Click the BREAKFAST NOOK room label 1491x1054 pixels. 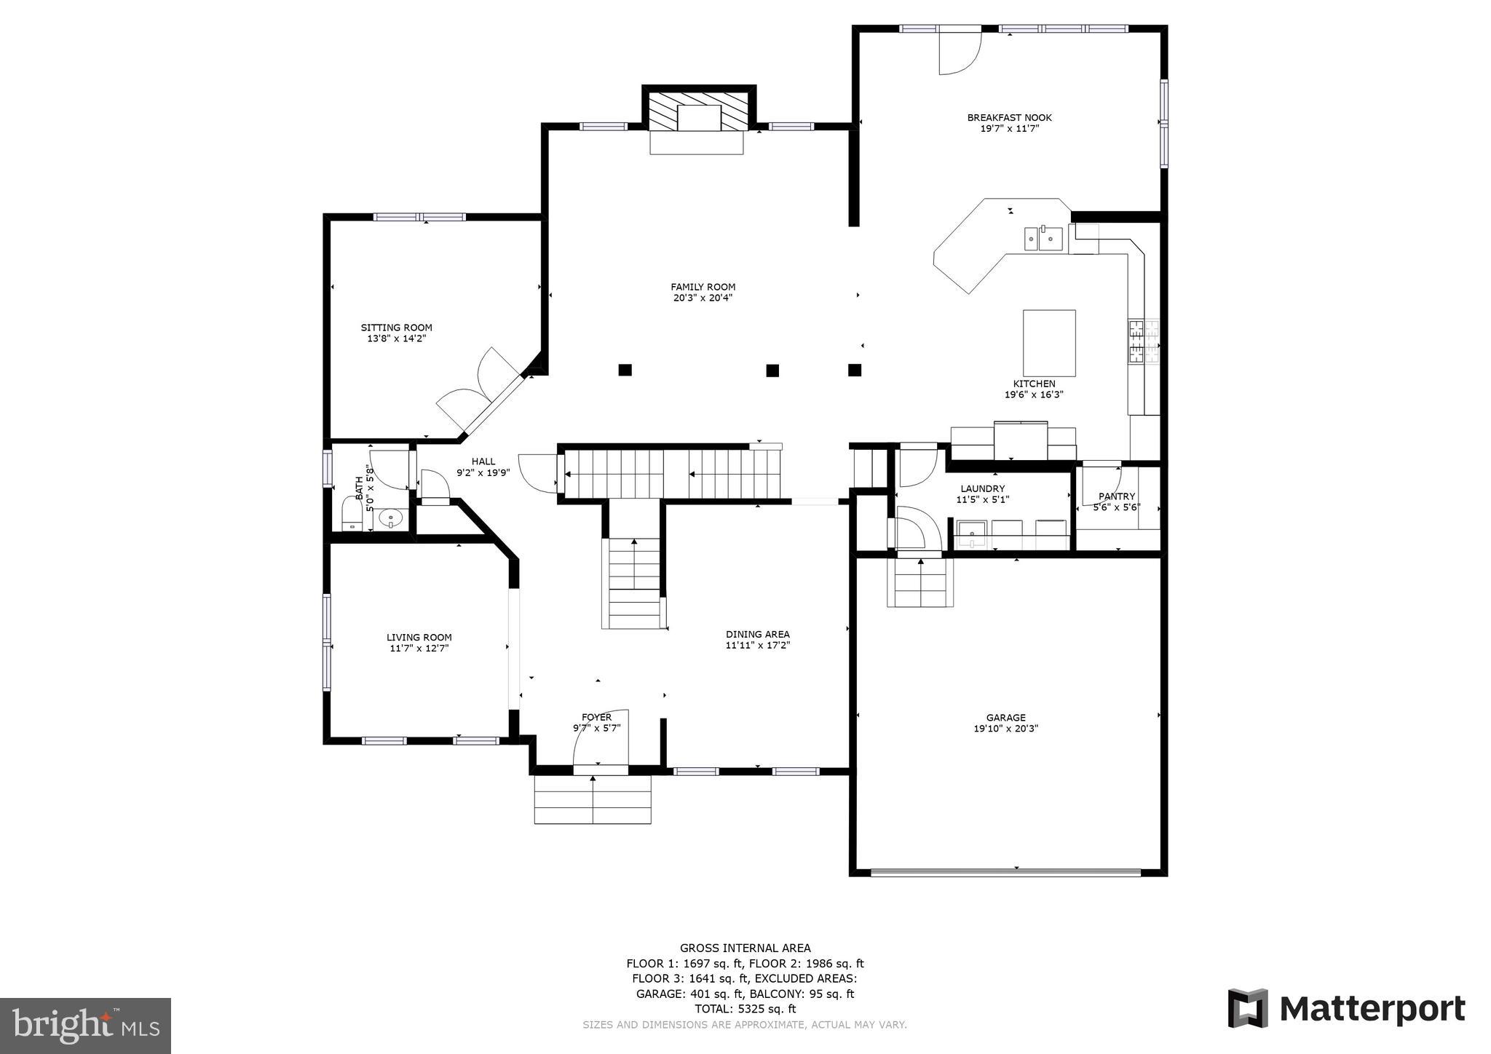tap(1009, 117)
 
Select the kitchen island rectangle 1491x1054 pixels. tap(1048, 343)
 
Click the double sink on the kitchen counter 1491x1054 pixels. tap(1043, 238)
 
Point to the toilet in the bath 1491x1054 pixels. tap(352, 514)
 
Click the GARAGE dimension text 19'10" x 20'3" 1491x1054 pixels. tap(1005, 728)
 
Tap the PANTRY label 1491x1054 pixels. tap(1116, 496)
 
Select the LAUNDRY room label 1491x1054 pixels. tap(982, 488)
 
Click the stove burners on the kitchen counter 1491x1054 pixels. tap(1143, 341)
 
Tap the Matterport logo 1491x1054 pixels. tap(1346, 1009)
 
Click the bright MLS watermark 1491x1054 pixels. tap(86, 1026)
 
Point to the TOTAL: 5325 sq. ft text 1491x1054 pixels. tap(745, 1009)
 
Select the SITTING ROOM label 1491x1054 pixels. tap(397, 328)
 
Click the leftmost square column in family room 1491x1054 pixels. tap(625, 370)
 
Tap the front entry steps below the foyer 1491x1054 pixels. tap(592, 799)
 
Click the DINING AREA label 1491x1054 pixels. tap(757, 634)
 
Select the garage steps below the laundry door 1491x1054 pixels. tap(920, 582)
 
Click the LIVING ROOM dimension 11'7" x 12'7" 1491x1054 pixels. tap(419, 648)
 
